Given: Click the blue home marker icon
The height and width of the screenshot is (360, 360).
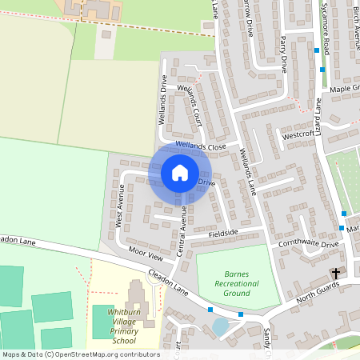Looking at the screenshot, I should point(180,173).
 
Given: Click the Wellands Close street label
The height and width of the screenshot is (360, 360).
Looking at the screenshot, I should point(202,147).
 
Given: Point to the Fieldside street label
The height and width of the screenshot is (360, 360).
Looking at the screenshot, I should point(223,234).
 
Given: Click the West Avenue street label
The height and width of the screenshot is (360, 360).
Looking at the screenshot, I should point(122,206).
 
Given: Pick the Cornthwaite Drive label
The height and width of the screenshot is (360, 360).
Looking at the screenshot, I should point(309,243).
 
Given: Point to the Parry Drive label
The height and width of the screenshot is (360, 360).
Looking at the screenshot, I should point(283,54).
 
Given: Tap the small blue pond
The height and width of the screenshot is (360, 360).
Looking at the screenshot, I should point(220,326).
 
